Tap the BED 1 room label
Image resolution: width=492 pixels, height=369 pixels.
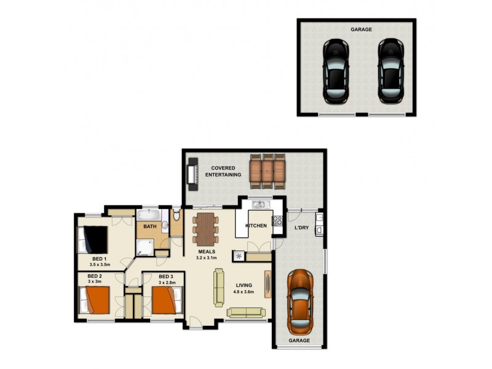100,259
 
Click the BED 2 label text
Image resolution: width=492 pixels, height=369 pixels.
95,276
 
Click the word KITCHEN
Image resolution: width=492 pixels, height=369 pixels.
256,226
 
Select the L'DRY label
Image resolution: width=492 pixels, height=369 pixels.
301,228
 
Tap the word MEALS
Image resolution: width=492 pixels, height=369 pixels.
206,252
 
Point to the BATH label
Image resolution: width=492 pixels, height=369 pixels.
149,227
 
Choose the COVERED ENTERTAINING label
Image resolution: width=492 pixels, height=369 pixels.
224,171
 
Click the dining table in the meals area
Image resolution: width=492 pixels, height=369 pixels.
205,228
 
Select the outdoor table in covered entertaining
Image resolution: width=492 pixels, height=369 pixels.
268,170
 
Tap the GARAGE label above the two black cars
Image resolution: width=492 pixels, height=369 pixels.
361,29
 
